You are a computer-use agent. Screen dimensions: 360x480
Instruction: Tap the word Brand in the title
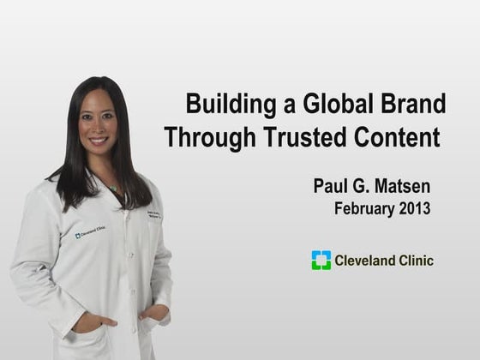point(411,105)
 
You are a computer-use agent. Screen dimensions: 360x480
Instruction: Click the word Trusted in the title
point(299,137)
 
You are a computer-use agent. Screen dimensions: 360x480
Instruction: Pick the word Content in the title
point(393,137)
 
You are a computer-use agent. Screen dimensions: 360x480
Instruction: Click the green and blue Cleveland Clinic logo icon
point(321,261)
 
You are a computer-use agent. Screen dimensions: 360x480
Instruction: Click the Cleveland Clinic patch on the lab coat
point(90,232)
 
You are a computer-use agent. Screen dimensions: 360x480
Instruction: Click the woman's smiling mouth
point(99,141)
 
